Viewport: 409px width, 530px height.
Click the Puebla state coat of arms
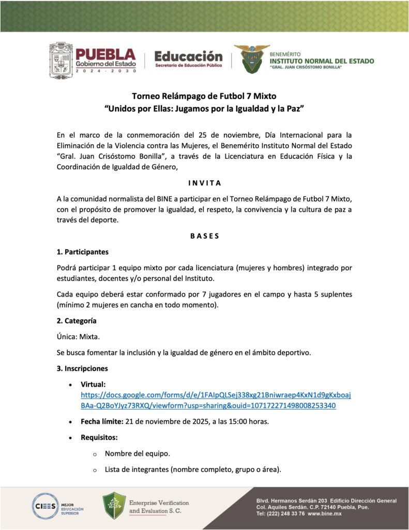[62, 61]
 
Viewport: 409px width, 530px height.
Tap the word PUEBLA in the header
[105, 54]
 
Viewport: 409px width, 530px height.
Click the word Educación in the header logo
[188, 56]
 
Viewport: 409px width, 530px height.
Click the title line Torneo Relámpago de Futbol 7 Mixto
[204, 96]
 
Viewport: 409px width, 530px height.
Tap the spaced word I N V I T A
[204, 183]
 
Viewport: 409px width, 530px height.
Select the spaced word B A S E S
[204, 236]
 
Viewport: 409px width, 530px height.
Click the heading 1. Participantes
[83, 252]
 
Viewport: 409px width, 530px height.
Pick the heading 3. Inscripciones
[82, 369]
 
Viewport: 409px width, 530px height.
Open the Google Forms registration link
[216, 400]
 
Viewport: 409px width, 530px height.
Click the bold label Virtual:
[93, 385]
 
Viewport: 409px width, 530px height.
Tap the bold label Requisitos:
[99, 437]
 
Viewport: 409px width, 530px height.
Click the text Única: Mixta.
[79, 337]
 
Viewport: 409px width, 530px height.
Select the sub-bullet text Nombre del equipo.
[137, 454]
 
